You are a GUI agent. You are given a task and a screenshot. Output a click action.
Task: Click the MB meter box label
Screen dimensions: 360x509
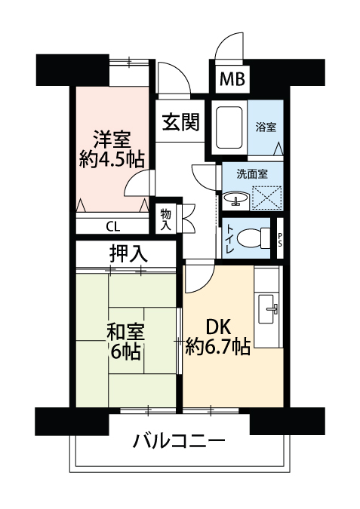pyautogui.click(x=232, y=79)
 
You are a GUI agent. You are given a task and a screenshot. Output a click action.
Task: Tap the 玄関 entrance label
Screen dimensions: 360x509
pyautogui.click(x=180, y=121)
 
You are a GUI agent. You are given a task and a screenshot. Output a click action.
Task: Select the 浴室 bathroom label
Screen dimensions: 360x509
pyautogui.click(x=266, y=127)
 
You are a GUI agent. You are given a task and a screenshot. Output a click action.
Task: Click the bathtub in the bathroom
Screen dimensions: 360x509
pyautogui.click(x=229, y=127)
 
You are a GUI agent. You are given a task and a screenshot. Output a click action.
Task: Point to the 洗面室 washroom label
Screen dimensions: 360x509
pyautogui.click(x=252, y=174)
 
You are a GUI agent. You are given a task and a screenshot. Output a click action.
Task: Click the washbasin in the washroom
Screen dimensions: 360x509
pyautogui.click(x=236, y=198)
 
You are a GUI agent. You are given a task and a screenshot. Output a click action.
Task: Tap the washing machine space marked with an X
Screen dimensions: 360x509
pyautogui.click(x=266, y=198)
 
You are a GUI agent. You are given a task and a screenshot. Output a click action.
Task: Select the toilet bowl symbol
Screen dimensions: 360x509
pyautogui.click(x=254, y=238)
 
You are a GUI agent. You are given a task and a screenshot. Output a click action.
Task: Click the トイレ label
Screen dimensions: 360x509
pyautogui.click(x=229, y=238)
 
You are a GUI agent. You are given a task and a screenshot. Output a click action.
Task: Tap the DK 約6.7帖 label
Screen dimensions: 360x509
pyautogui.click(x=217, y=337)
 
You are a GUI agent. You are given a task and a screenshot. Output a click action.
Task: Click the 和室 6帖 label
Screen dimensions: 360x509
pyautogui.click(x=126, y=342)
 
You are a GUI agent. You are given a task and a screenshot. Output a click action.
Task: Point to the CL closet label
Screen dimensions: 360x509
pyautogui.click(x=112, y=226)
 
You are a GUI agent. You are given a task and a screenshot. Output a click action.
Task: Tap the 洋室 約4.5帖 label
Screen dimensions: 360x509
pyautogui.click(x=112, y=149)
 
